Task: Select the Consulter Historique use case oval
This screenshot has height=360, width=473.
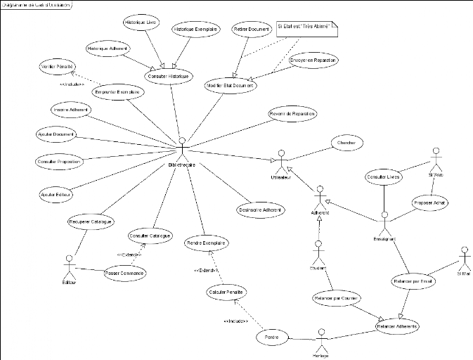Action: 170,75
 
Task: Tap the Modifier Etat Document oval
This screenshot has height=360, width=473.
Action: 230,85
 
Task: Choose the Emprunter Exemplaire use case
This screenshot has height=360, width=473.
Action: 117,92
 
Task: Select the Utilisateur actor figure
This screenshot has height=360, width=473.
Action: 281,160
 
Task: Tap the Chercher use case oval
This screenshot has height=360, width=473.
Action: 346,143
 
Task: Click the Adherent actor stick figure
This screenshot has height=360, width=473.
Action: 320,197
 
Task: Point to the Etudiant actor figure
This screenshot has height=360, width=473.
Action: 318,253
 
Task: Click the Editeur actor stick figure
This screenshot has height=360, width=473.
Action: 68,267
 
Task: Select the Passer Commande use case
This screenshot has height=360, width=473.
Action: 124,273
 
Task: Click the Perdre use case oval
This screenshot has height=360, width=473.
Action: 271,337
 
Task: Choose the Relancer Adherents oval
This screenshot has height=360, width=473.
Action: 397,326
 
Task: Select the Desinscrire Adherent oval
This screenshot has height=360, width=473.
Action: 261,209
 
